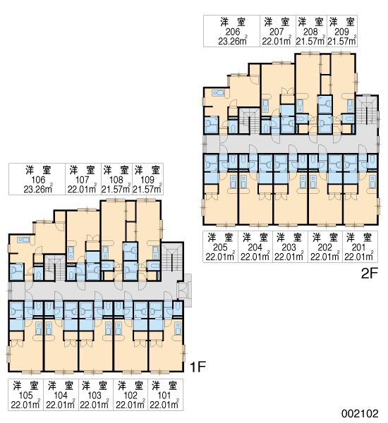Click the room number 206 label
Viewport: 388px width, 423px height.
pyautogui.click(x=233, y=32)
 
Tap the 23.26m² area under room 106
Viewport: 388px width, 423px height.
pyautogui.click(x=38, y=189)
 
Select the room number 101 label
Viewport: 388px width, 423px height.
pyautogui.click(x=164, y=396)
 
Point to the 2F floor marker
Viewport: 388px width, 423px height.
pyautogui.click(x=369, y=274)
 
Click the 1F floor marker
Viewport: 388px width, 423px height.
pyautogui.click(x=198, y=367)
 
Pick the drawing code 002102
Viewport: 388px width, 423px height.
pyautogui.click(x=360, y=413)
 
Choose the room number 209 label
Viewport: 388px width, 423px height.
pyautogui.click(x=341, y=32)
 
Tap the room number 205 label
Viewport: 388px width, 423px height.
pyautogui.click(x=220, y=247)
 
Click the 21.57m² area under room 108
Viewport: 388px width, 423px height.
pyautogui.click(x=116, y=189)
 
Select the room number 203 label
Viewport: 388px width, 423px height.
pyautogui.click(x=289, y=247)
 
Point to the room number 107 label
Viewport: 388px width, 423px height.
pyautogui.click(x=82, y=180)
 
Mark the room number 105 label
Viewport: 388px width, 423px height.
pyautogui.click(x=25, y=396)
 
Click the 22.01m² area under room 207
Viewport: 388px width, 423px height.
pyautogui.click(x=277, y=41)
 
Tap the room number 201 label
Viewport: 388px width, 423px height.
pyautogui.click(x=358, y=247)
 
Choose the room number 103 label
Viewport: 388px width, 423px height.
pyautogui.click(x=95, y=396)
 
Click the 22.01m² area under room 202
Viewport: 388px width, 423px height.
pyautogui.click(x=325, y=257)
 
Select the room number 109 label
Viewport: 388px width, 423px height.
pyautogui.click(x=147, y=180)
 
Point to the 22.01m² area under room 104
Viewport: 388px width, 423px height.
pyautogui.click(x=61, y=405)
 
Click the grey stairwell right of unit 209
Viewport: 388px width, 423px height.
pyautogui.click(x=367, y=110)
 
